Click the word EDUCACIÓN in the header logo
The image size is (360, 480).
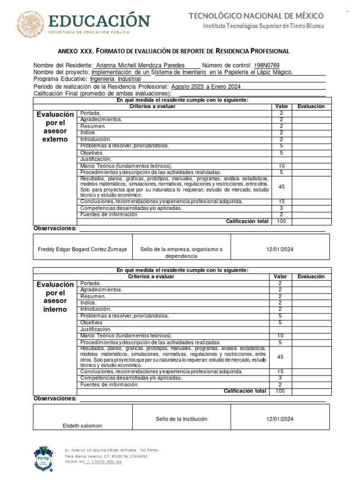(x=98, y=21)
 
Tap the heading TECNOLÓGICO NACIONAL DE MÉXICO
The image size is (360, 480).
(x=256, y=16)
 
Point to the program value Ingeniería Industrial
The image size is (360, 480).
(x=115, y=79)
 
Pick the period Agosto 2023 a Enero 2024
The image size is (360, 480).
(x=206, y=87)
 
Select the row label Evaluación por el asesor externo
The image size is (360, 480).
(x=55, y=127)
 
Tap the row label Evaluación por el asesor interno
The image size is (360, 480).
(x=55, y=297)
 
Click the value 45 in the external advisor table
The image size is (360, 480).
(x=281, y=187)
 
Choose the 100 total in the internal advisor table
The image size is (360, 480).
(x=280, y=391)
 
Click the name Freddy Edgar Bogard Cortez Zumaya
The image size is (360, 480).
(x=82, y=250)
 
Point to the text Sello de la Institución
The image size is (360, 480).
(x=181, y=419)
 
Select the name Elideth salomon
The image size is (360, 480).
(x=82, y=426)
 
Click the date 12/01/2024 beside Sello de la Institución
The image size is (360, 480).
(x=280, y=420)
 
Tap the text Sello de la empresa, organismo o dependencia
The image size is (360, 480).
(x=181, y=253)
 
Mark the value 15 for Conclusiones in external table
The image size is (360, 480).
(x=281, y=202)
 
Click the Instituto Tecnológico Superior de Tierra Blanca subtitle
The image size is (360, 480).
(x=263, y=26)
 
